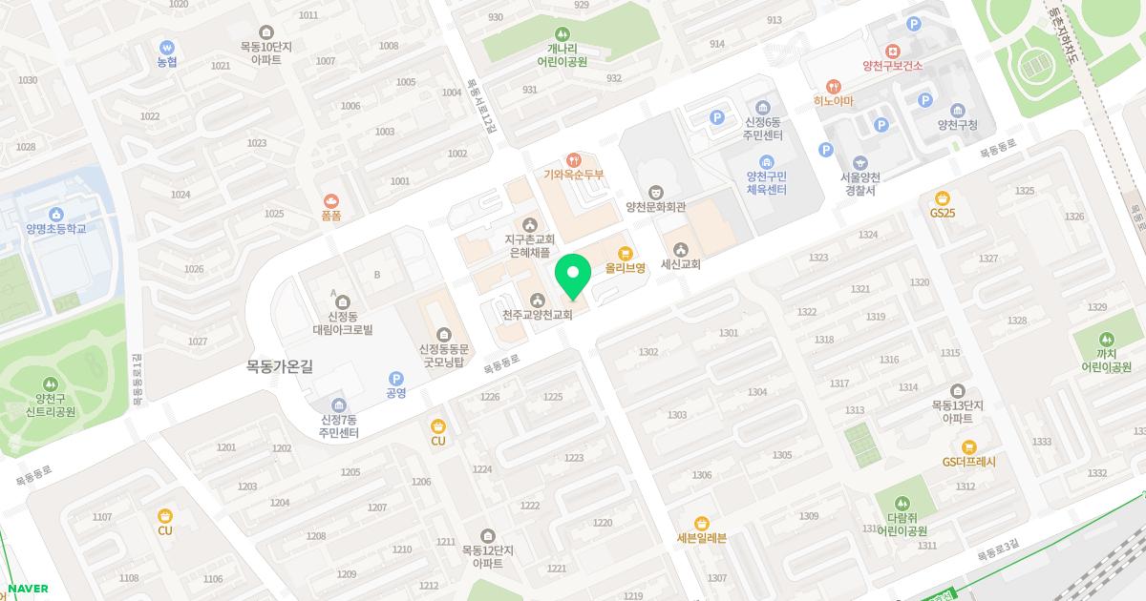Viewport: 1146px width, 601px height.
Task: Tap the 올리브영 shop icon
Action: click(626, 253)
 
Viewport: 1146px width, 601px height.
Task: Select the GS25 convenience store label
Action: click(943, 213)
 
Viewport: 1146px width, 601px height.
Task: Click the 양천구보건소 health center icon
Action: click(892, 51)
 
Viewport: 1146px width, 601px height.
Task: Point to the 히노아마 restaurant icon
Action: click(833, 85)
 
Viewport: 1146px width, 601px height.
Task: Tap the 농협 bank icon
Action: click(167, 47)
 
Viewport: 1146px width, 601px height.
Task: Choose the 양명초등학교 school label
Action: click(56, 229)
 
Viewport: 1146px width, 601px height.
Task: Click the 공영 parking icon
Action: click(396, 378)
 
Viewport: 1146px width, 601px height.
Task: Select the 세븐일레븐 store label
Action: click(702, 537)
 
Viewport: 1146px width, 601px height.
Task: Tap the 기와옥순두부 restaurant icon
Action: click(574, 159)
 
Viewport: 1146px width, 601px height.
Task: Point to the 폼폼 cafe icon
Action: click(331, 200)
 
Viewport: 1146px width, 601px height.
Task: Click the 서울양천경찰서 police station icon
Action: click(859, 163)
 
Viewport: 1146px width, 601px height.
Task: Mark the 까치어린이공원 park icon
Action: click(1106, 339)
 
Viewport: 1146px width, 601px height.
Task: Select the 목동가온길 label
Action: click(280, 365)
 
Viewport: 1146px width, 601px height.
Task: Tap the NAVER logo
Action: click(27, 589)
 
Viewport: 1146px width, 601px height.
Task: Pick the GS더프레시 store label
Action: click(969, 462)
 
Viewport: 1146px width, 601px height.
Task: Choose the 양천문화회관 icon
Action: click(656, 192)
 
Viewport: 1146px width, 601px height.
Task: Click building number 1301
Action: click(729, 333)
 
